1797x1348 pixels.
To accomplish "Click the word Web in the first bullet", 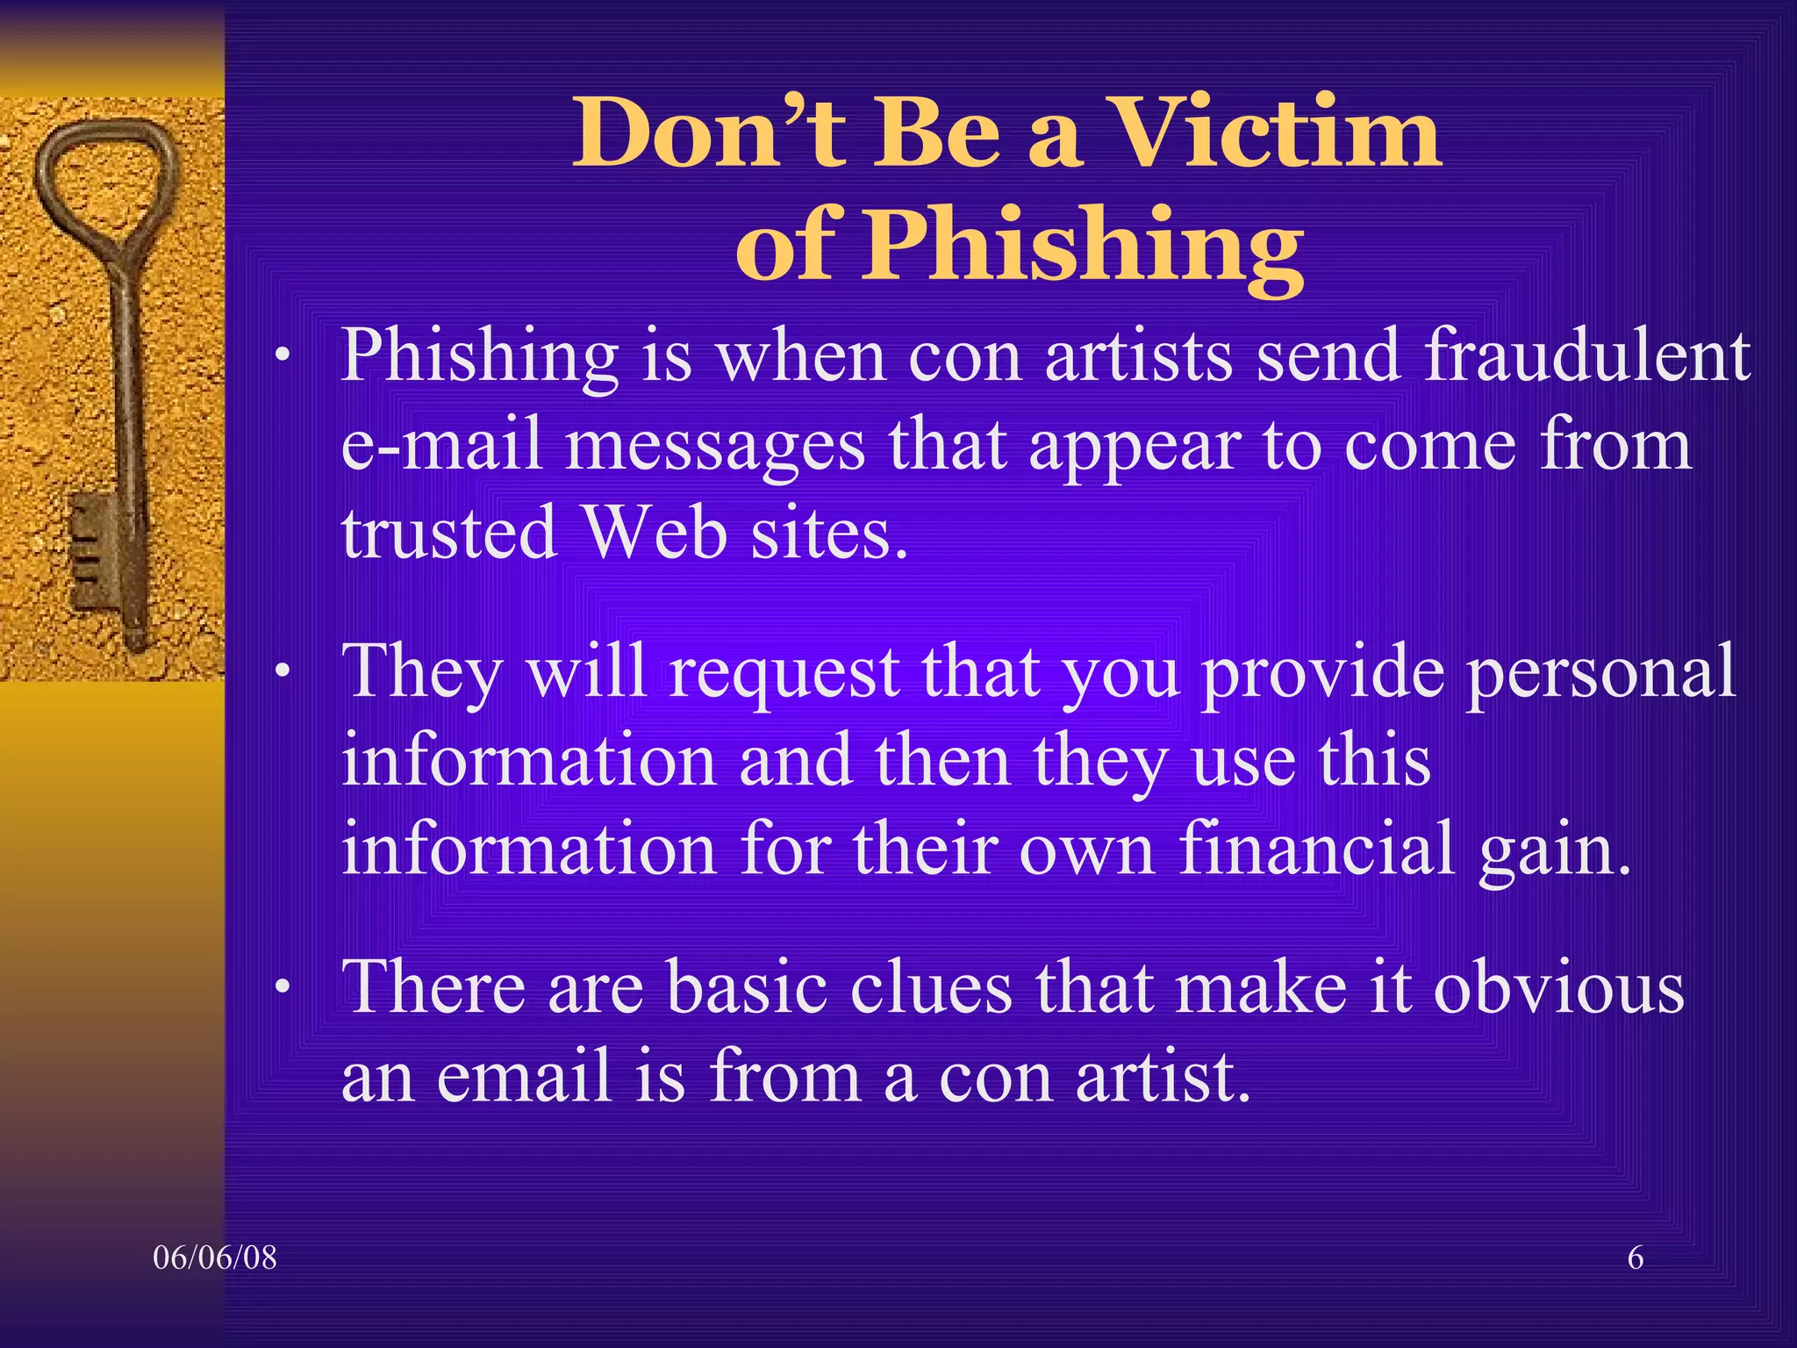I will (x=655, y=533).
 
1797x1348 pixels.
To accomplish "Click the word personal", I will (x=1600, y=672).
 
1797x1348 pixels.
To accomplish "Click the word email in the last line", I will (x=523, y=1077).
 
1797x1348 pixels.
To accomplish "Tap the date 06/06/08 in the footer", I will (x=215, y=1258).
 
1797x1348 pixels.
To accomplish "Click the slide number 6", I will (x=1636, y=1258).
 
